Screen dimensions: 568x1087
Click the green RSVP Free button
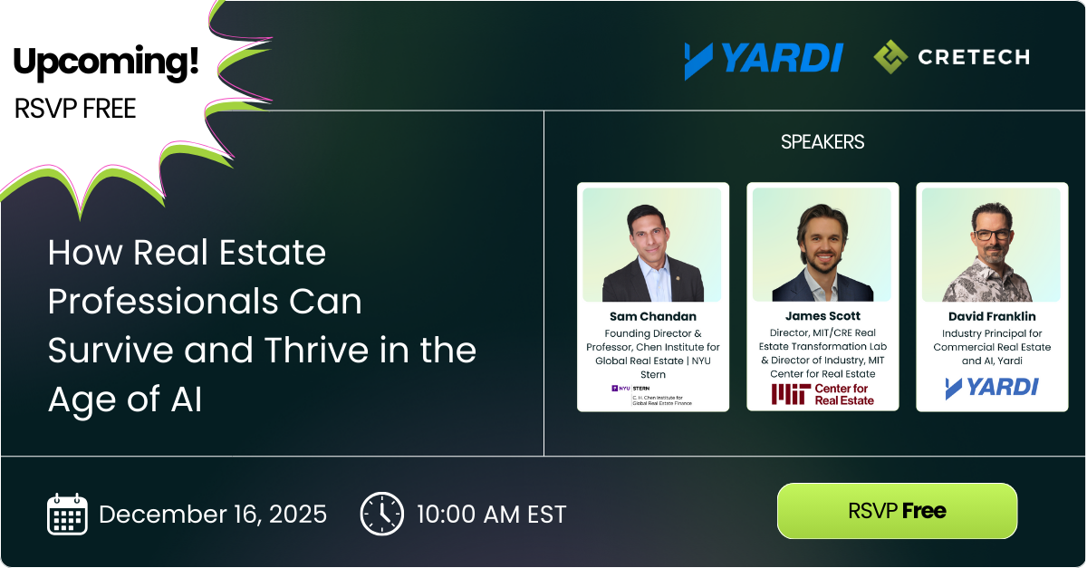pos(897,511)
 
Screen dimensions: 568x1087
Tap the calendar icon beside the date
pos(67,514)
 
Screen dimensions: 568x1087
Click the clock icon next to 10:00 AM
pos(381,514)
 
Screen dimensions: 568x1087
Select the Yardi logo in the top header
pos(764,59)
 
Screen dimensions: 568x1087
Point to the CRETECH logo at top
pos(951,57)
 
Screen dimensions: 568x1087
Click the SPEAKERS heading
pos(822,142)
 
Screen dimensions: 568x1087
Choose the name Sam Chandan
pos(652,316)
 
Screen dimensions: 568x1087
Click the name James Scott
pos(822,316)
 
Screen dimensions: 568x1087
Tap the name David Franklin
pos(992,316)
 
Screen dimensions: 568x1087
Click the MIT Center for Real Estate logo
pos(822,394)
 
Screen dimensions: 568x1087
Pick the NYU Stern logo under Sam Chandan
pos(652,394)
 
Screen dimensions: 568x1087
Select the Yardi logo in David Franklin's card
pos(992,388)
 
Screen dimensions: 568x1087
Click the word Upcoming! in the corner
pos(105,62)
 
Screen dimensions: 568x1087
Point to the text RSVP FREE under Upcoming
pos(75,109)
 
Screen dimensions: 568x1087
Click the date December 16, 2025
pos(213,515)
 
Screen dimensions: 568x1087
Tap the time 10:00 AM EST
pos(491,515)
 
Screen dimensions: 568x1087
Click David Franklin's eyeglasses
pos(994,235)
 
